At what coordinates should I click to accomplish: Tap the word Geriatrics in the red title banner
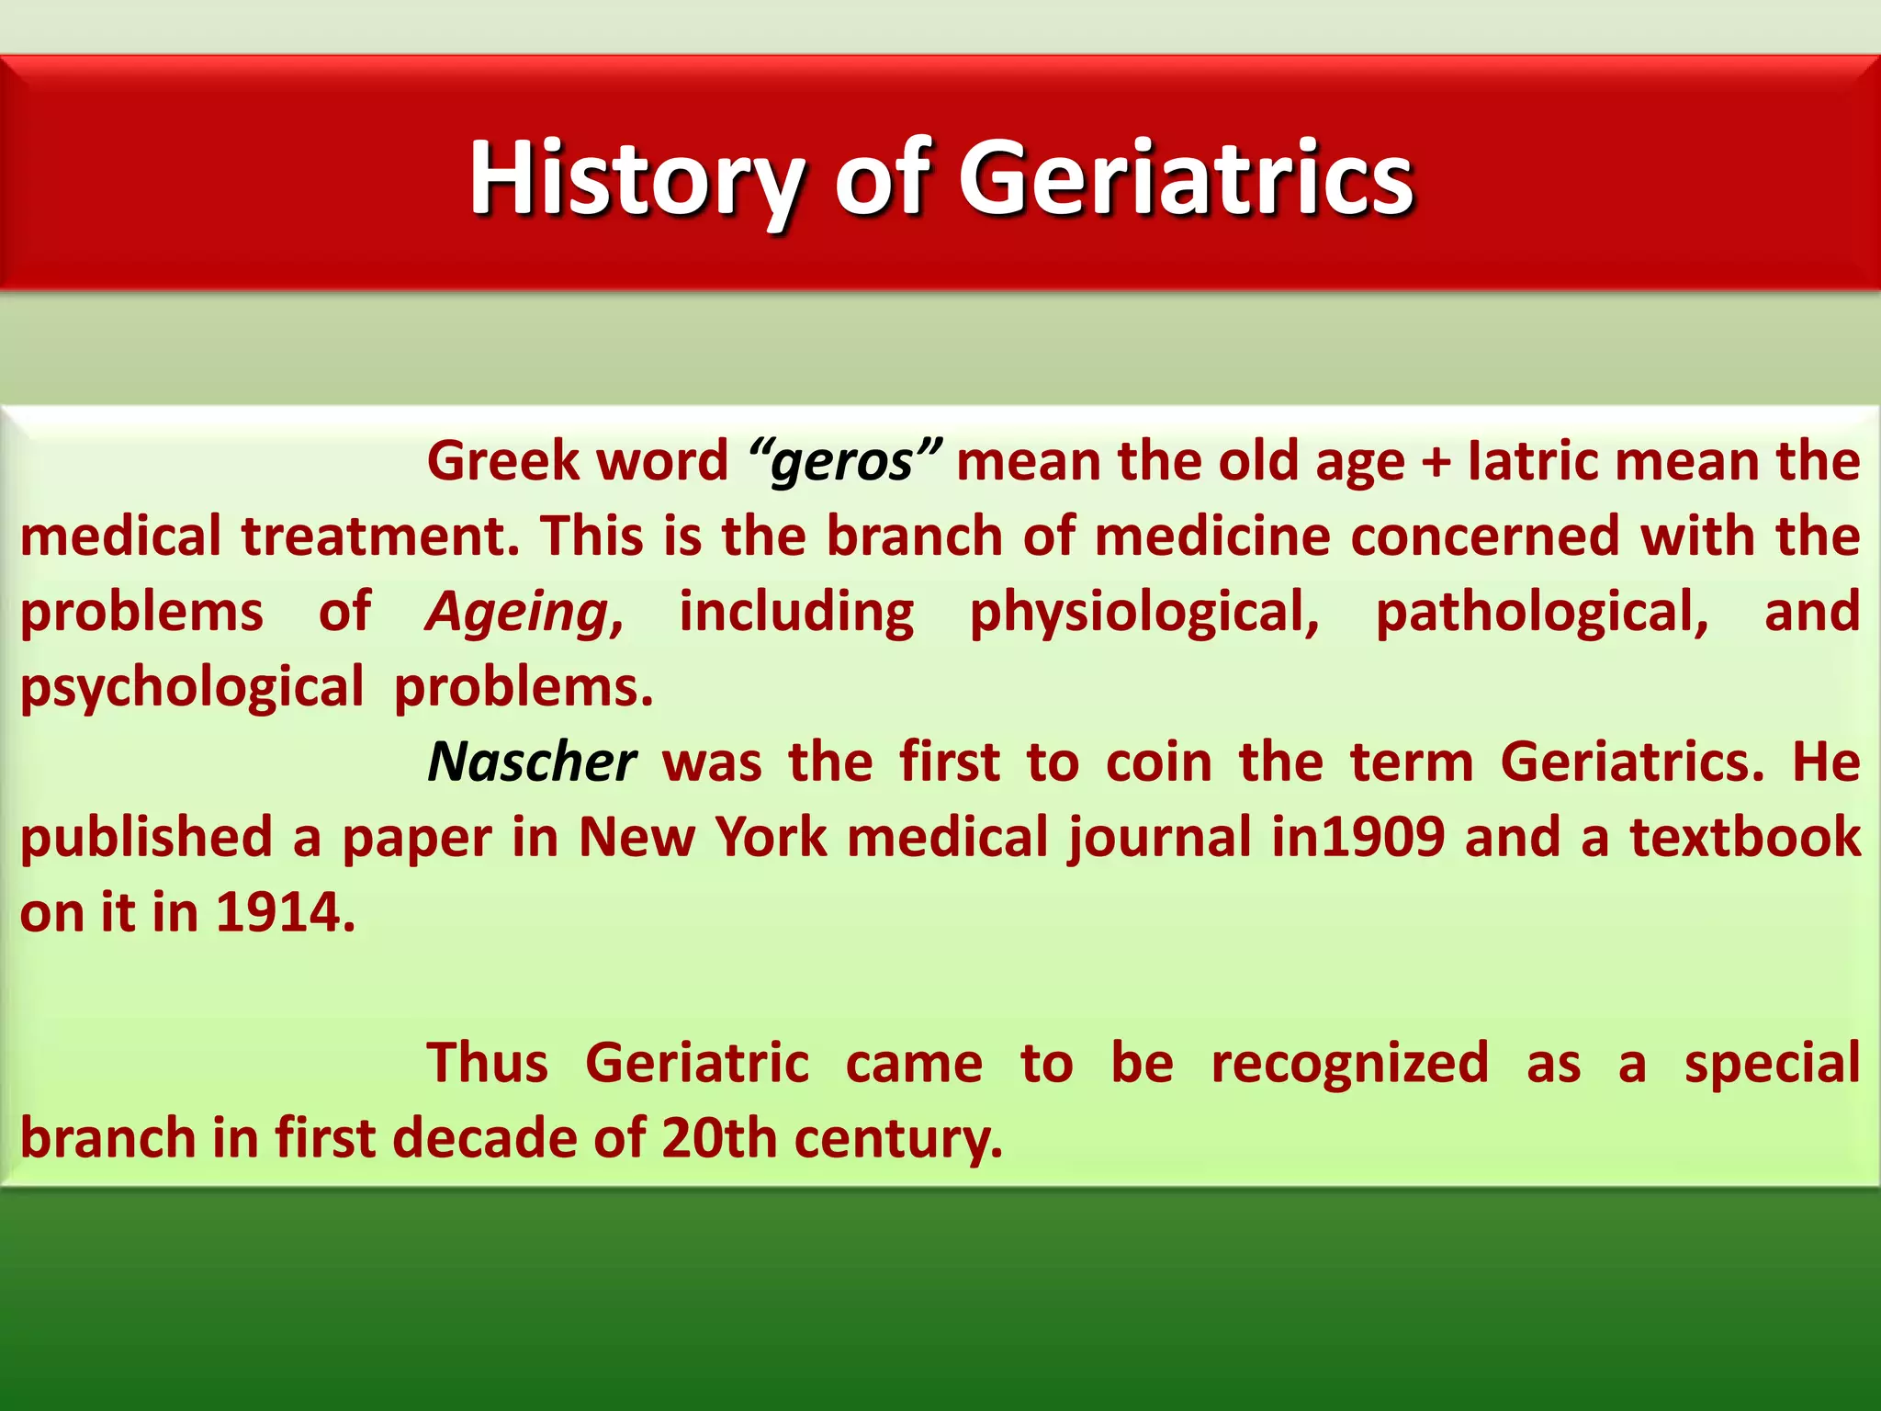tap(1186, 178)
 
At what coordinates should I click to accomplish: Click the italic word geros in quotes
tap(843, 461)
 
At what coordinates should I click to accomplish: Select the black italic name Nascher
tap(531, 762)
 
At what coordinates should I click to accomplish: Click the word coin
tap(1158, 762)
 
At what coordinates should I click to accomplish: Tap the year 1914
tap(284, 913)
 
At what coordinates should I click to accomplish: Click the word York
tap(771, 838)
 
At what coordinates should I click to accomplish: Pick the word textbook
tap(1745, 838)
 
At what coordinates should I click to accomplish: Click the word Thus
tap(487, 1064)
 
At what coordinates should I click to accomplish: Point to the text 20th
tap(718, 1139)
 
